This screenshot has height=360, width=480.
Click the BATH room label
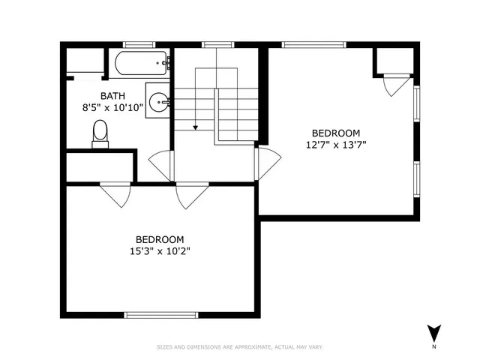click(x=114, y=95)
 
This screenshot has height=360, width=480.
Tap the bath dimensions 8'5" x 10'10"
click(x=114, y=106)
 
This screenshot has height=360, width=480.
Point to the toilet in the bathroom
click(x=100, y=136)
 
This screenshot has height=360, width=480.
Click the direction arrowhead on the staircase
click(x=196, y=127)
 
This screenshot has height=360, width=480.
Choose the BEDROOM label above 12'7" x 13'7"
click(x=336, y=133)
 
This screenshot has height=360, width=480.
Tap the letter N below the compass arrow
click(x=434, y=349)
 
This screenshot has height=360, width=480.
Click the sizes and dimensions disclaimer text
click(x=240, y=346)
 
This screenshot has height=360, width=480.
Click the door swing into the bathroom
click(x=160, y=165)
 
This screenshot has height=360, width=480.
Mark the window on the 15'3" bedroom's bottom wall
click(x=161, y=315)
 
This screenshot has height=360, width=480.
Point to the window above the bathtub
click(x=139, y=45)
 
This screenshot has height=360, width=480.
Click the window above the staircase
click(x=217, y=45)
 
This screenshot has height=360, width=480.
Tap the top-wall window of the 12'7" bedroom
click(x=313, y=45)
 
